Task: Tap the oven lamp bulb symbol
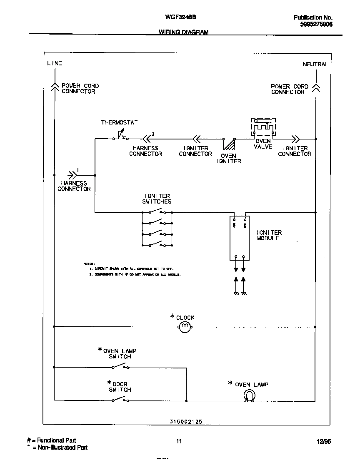click(249, 396)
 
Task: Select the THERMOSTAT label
click(119, 122)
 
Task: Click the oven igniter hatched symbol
click(229, 144)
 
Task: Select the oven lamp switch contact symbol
click(120, 366)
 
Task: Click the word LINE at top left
click(55, 63)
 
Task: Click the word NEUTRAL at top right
click(315, 64)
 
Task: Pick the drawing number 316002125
click(186, 421)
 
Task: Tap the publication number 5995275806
click(316, 25)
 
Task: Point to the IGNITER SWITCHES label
click(157, 199)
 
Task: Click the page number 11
click(179, 442)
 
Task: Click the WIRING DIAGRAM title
click(183, 32)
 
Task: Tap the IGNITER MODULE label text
click(269, 235)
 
